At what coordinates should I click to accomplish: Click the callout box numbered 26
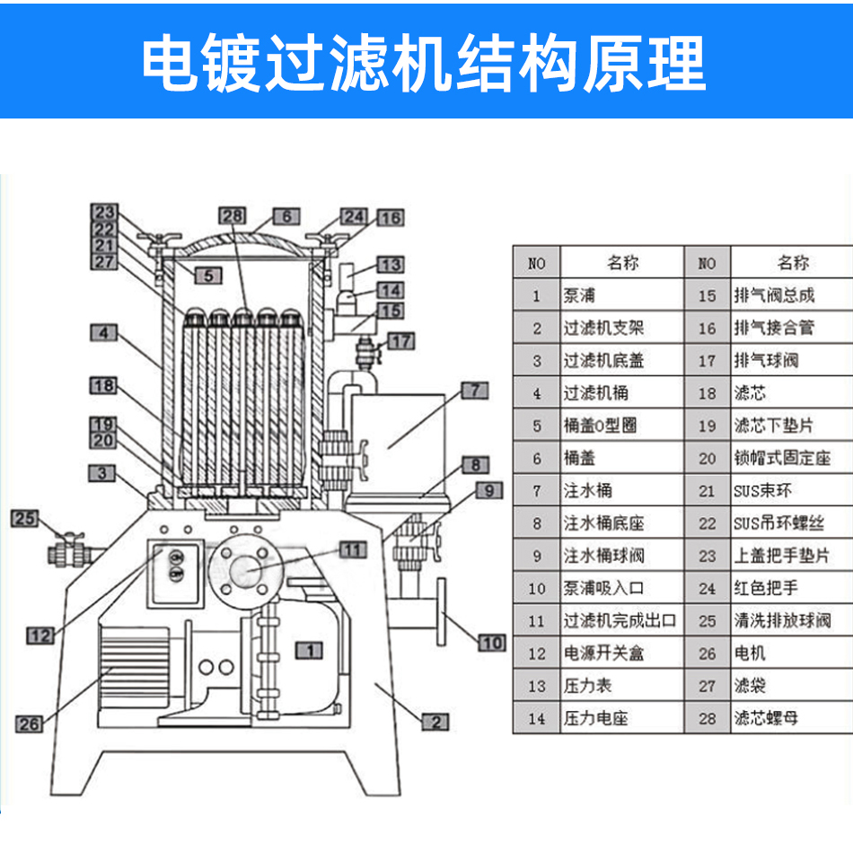pyautogui.click(x=30, y=724)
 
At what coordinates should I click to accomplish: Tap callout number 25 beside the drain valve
pyautogui.click(x=24, y=518)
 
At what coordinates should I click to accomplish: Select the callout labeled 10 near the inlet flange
pyautogui.click(x=491, y=642)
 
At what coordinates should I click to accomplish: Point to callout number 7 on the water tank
pyautogui.click(x=474, y=390)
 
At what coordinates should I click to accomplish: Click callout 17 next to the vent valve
pyautogui.click(x=401, y=340)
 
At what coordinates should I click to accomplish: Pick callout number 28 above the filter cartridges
pyautogui.click(x=233, y=215)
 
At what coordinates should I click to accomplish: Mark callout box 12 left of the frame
pyautogui.click(x=40, y=636)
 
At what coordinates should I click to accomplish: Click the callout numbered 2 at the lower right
pyautogui.click(x=435, y=721)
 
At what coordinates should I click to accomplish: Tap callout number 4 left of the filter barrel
pyautogui.click(x=104, y=332)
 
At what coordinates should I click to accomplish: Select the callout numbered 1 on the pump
pyautogui.click(x=308, y=649)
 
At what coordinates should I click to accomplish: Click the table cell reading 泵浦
pyautogui.click(x=580, y=295)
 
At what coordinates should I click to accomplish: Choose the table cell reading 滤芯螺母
pyautogui.click(x=765, y=718)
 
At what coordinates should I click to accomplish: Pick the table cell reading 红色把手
pyautogui.click(x=765, y=588)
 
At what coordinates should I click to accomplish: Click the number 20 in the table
pyautogui.click(x=708, y=458)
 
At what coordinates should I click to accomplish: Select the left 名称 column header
pyautogui.click(x=621, y=263)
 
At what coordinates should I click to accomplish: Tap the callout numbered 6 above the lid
pyautogui.click(x=286, y=216)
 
